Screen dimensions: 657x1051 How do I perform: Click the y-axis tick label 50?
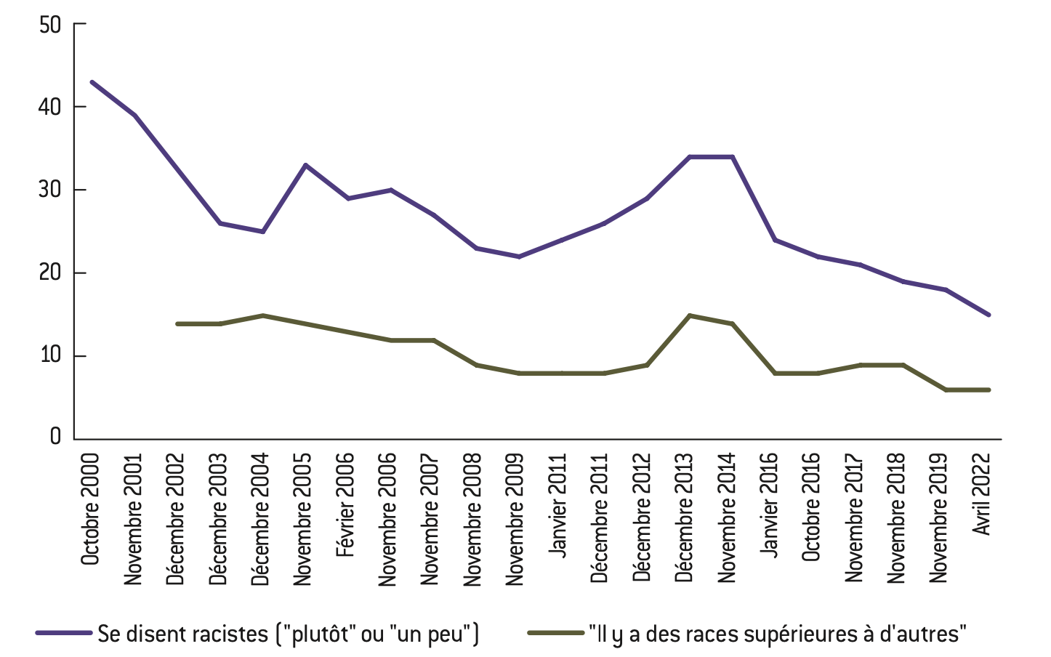click(x=50, y=25)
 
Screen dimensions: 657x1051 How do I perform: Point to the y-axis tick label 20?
click(x=50, y=273)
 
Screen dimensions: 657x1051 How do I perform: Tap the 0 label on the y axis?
click(x=55, y=437)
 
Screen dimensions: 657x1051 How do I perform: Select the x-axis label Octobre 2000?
click(x=90, y=509)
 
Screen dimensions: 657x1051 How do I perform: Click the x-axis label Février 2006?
click(x=345, y=504)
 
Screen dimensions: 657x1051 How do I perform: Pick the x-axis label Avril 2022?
click(x=982, y=493)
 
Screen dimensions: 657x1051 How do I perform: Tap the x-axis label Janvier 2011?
click(x=557, y=505)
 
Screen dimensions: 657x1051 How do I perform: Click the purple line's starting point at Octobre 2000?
click(x=92, y=81)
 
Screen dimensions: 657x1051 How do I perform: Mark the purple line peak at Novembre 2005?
click(x=305, y=165)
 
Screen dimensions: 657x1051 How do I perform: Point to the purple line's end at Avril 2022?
click(x=988, y=315)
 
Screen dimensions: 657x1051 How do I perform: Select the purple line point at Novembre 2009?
click(x=518, y=257)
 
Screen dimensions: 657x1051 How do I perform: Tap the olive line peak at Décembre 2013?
click(x=689, y=315)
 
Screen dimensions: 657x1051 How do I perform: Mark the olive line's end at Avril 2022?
click(x=988, y=390)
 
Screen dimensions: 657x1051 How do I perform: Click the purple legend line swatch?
click(x=64, y=633)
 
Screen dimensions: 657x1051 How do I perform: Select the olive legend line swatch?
click(x=555, y=633)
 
